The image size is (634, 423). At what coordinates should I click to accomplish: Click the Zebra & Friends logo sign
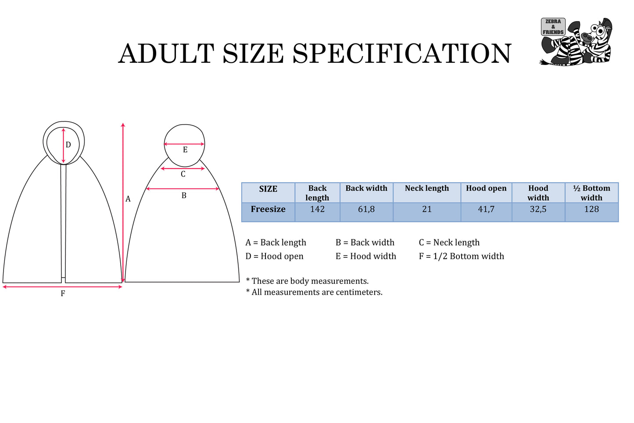pyautogui.click(x=553, y=27)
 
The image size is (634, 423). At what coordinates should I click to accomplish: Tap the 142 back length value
pyautogui.click(x=317, y=209)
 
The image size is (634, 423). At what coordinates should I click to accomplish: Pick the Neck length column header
pyautogui.click(x=427, y=188)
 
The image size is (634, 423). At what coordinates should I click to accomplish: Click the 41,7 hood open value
pyautogui.click(x=486, y=209)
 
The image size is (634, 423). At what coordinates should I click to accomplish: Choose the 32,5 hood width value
pyautogui.click(x=538, y=209)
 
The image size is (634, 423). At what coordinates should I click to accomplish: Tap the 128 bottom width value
pyautogui.click(x=591, y=209)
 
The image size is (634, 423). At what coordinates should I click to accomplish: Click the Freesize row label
pyautogui.click(x=268, y=209)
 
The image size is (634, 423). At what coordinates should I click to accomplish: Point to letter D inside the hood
pyautogui.click(x=68, y=145)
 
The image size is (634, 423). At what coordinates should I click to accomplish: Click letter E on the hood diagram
pyautogui.click(x=185, y=150)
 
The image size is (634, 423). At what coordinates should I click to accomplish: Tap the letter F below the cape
pyautogui.click(x=63, y=293)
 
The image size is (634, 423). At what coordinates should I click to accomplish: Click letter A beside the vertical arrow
pyautogui.click(x=128, y=199)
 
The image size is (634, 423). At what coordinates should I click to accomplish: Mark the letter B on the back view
pyautogui.click(x=184, y=195)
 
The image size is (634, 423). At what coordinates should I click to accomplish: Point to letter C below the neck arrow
pyautogui.click(x=183, y=174)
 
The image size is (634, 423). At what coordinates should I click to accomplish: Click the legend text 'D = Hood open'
pyautogui.click(x=274, y=256)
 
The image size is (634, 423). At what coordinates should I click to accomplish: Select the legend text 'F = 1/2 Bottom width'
pyautogui.click(x=461, y=256)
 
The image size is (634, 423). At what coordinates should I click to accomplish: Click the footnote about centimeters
pyautogui.click(x=314, y=292)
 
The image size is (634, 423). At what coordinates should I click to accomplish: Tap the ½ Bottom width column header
pyautogui.click(x=591, y=193)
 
